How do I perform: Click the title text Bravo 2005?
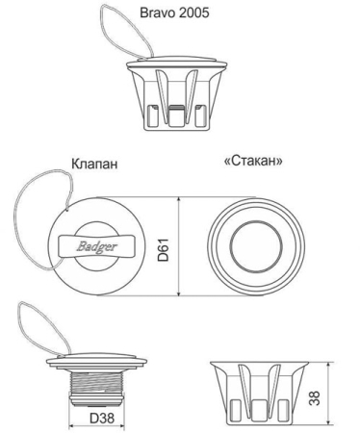tap(174, 13)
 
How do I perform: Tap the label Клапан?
tap(94, 164)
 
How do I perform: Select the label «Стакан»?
tap(253, 161)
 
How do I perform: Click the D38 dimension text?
tap(102, 418)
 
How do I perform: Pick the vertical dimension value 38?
tap(315, 398)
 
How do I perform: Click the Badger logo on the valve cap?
tap(97, 246)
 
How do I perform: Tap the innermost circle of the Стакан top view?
tap(256, 247)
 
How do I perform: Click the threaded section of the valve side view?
tap(96, 384)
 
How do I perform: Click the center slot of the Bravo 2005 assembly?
tap(176, 116)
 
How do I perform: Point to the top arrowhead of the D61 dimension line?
tap(179, 200)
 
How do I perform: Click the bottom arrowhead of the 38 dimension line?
tap(328, 420)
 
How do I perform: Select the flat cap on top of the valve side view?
tap(97, 361)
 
